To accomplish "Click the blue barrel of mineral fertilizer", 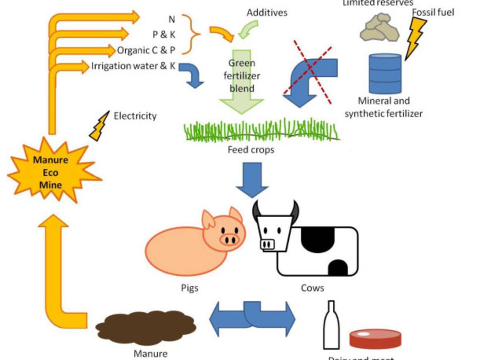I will [x=385, y=74].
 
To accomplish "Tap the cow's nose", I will [x=267, y=244].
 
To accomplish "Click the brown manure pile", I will [x=146, y=327].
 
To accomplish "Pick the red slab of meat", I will [x=375, y=338].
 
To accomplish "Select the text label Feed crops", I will [x=250, y=150].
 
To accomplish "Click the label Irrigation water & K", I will [x=133, y=66].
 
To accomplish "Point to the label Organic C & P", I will [x=146, y=51].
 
